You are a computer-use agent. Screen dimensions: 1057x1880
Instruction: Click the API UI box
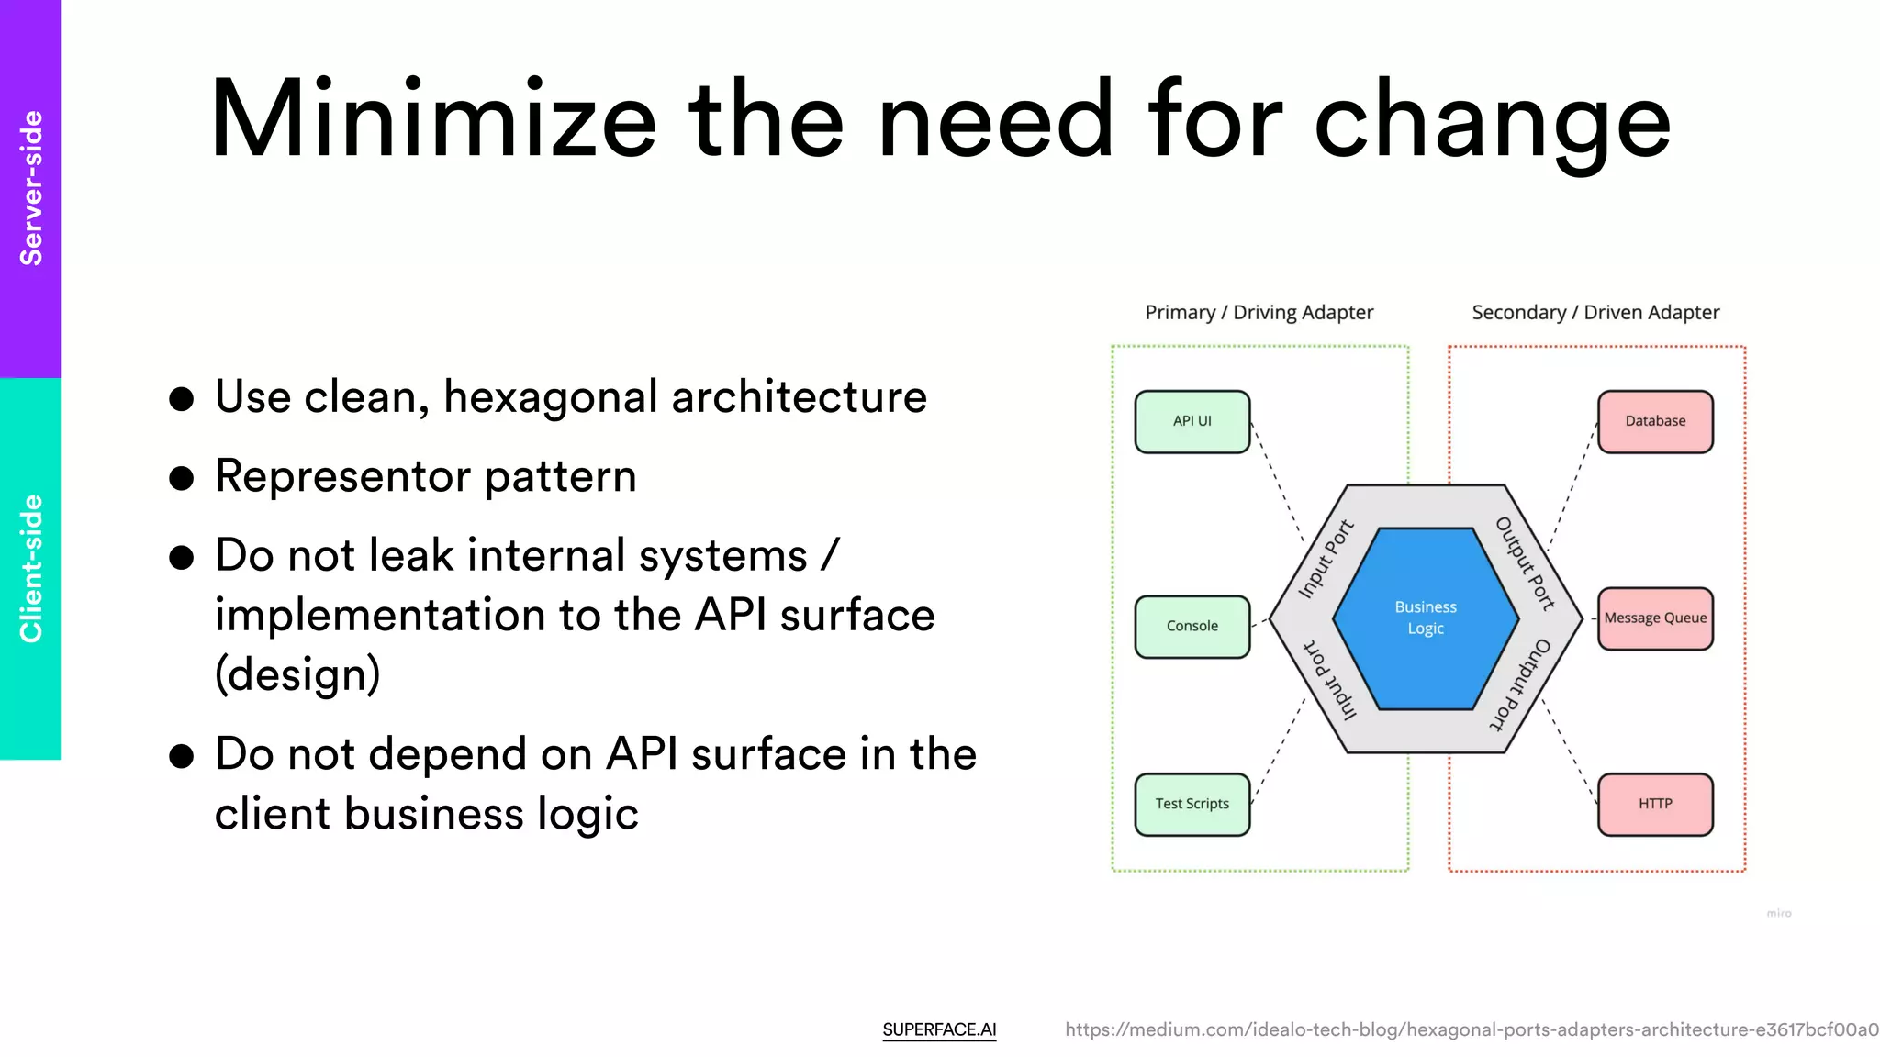click(1192, 421)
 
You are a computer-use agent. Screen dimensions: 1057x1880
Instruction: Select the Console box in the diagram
click(1192, 626)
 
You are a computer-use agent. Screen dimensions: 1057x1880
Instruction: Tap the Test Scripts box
click(1192, 804)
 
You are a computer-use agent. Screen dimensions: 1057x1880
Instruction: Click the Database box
click(1654, 421)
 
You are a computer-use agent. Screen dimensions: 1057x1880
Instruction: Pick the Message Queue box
click(1654, 618)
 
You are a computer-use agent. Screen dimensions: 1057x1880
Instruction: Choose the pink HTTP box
click(1654, 804)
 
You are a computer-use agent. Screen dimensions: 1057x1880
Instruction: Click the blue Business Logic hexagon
click(1425, 618)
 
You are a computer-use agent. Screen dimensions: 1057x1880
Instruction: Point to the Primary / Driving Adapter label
click(1259, 313)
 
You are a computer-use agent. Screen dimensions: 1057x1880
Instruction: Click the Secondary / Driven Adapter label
click(1595, 313)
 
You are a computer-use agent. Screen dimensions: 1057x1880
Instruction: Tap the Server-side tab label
click(31, 188)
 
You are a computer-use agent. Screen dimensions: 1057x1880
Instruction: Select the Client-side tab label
click(31, 568)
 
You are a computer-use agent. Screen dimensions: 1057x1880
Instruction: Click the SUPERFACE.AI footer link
click(939, 1029)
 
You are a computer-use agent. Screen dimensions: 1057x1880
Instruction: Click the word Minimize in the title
click(432, 120)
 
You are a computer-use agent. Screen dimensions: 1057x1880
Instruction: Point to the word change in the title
click(1493, 124)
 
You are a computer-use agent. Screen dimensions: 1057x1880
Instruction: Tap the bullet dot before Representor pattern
click(182, 478)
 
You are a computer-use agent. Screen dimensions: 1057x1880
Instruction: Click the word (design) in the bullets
click(297, 674)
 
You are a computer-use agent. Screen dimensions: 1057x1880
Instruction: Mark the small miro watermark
click(1778, 913)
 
